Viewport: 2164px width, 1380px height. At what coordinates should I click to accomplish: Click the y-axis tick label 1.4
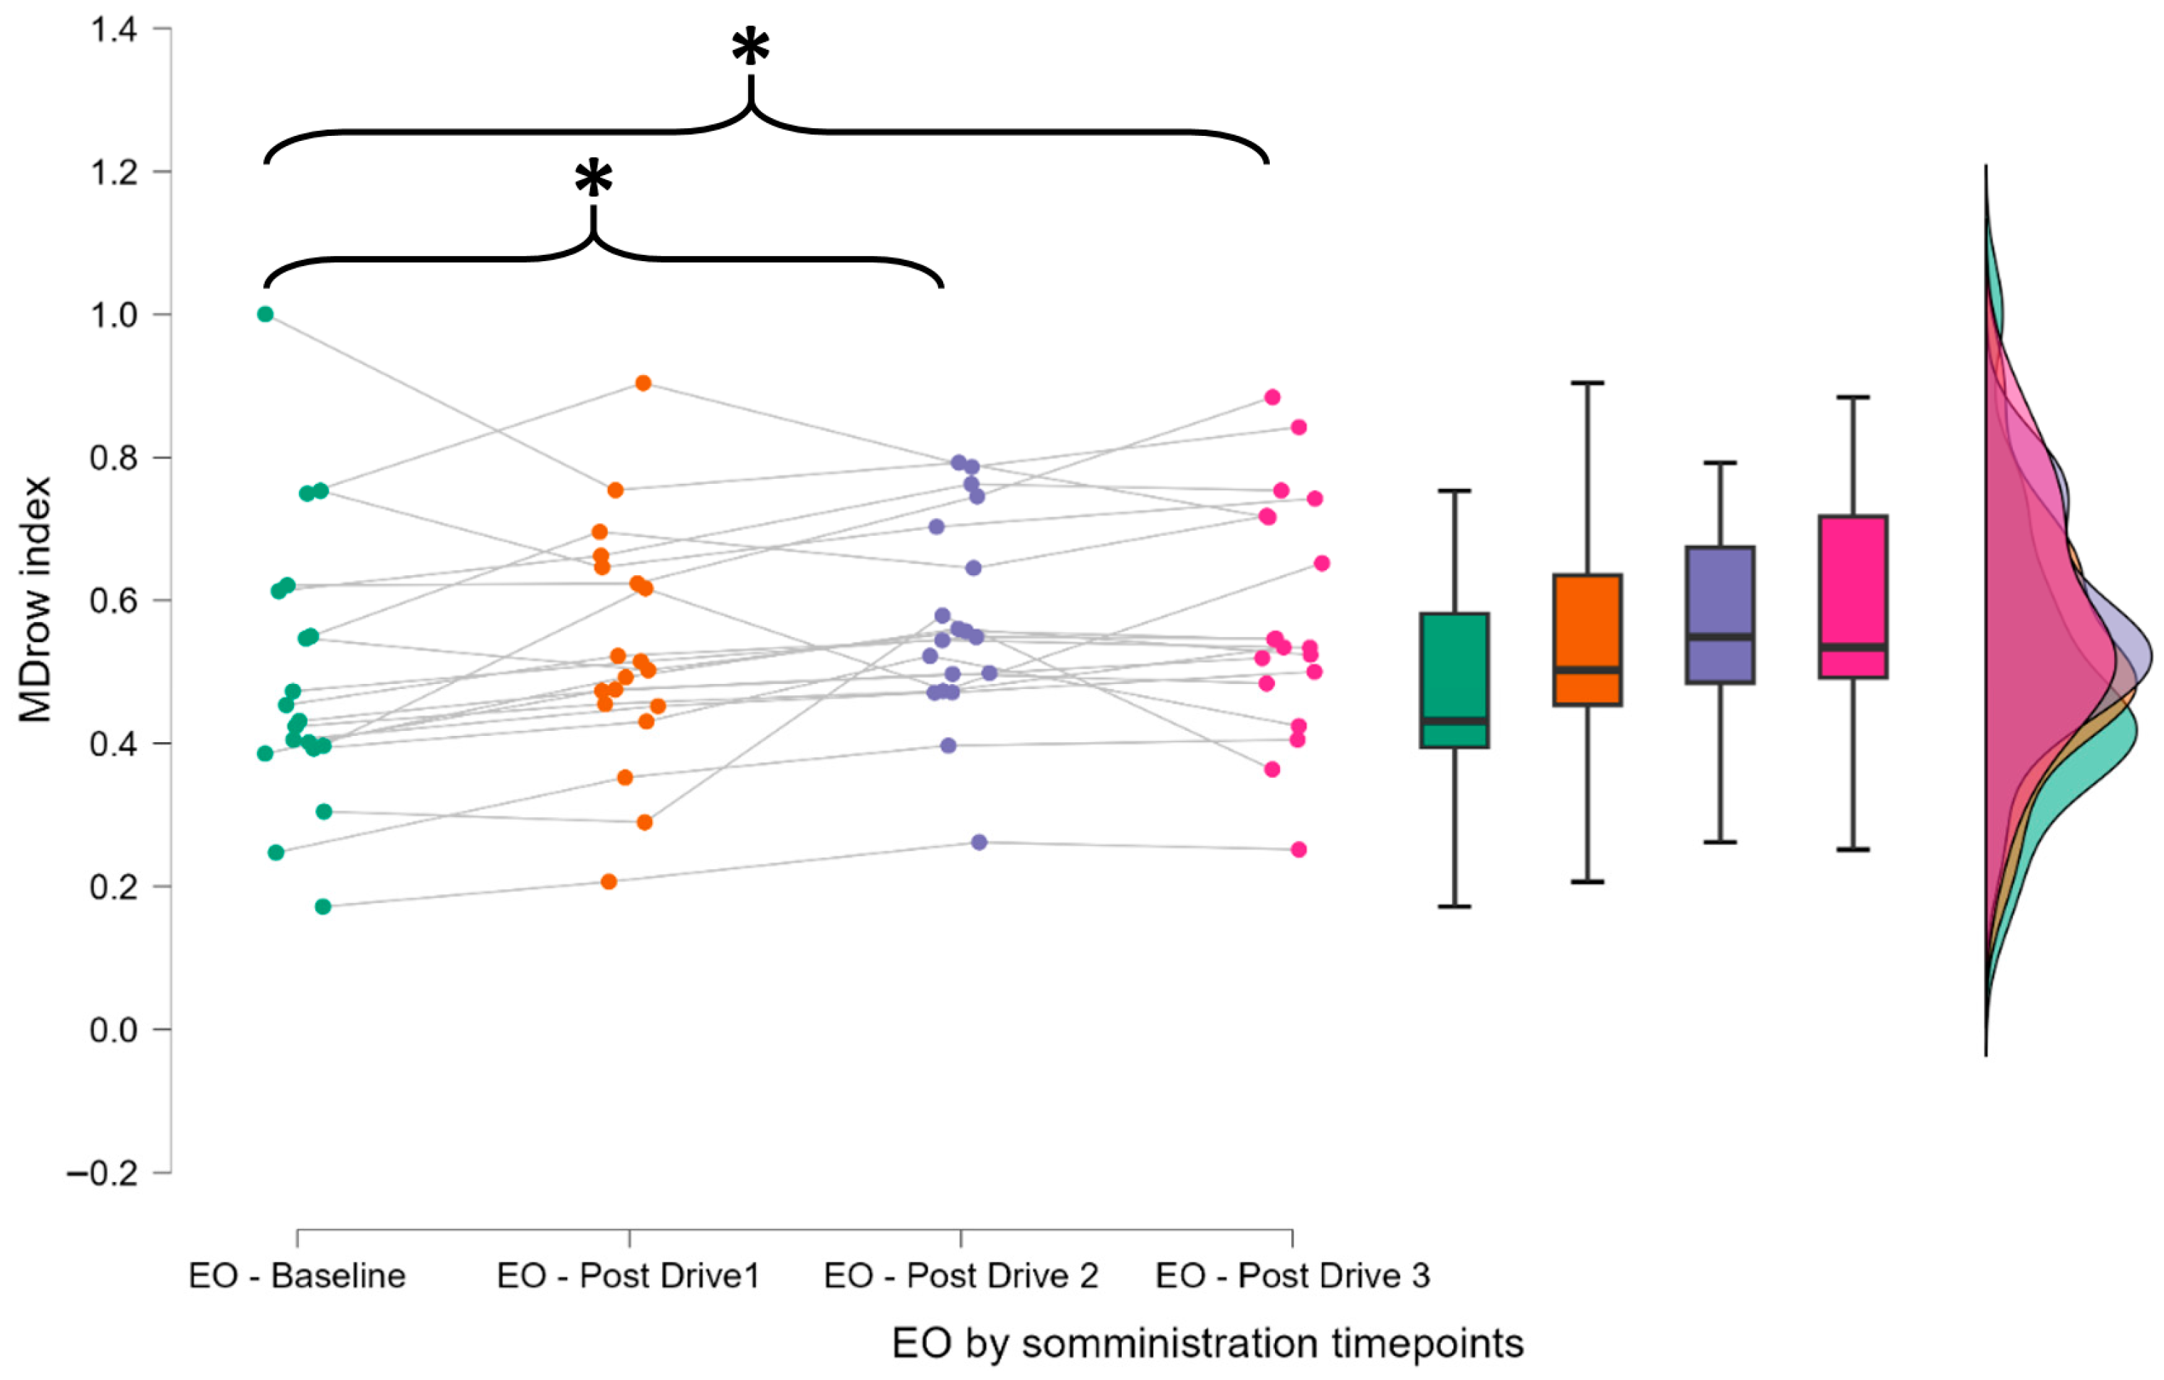113,30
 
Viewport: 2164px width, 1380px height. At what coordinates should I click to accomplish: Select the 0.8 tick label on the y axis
113,458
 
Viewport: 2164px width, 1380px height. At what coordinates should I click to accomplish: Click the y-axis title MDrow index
36,599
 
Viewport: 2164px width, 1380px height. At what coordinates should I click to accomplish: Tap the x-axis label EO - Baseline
297,1276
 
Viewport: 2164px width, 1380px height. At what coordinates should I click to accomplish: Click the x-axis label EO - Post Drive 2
961,1276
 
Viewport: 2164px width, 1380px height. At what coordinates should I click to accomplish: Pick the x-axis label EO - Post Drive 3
1292,1276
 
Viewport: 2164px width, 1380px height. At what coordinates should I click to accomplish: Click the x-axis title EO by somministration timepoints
1207,1344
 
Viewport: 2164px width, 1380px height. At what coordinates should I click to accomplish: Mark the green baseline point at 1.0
265,315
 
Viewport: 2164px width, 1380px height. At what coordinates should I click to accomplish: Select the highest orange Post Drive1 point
644,384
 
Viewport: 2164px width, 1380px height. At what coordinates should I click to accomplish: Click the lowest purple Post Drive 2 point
979,843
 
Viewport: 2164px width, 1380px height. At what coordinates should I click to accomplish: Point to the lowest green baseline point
323,907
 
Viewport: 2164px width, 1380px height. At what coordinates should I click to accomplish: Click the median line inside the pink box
1853,647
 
